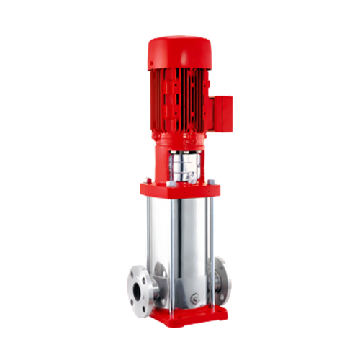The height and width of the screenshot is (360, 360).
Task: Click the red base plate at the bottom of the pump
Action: pyautogui.click(x=184, y=316)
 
